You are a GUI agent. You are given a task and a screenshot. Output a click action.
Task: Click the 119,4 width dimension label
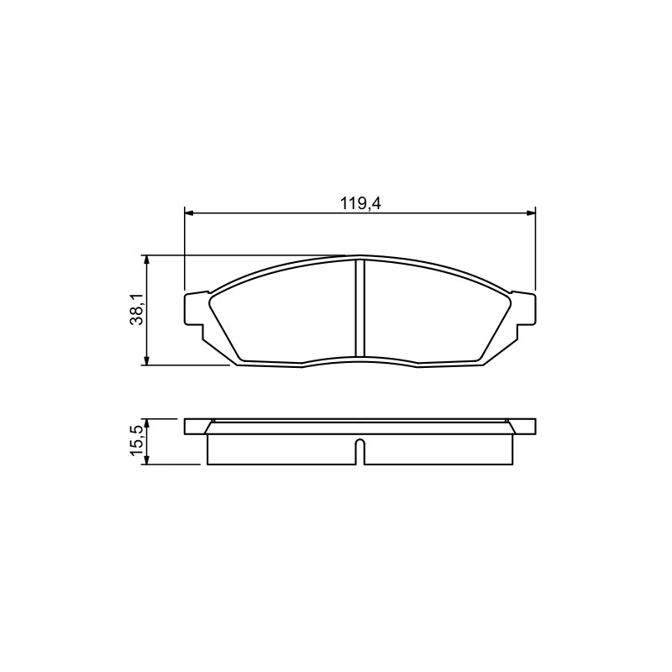point(360,203)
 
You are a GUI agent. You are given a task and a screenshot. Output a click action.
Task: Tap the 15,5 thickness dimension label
point(136,442)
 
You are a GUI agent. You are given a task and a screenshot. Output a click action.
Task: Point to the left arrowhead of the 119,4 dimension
point(189,213)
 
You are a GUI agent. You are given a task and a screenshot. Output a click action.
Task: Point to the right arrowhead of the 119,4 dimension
point(531,213)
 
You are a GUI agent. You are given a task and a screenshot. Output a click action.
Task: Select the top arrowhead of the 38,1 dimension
point(147,260)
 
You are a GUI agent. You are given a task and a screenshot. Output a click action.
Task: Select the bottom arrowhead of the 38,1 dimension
point(147,361)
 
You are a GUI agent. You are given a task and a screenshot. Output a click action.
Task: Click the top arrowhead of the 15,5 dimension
point(147,423)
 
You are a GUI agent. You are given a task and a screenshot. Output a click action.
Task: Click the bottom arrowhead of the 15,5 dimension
point(147,459)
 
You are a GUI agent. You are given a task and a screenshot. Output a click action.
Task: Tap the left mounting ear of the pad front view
point(194,309)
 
